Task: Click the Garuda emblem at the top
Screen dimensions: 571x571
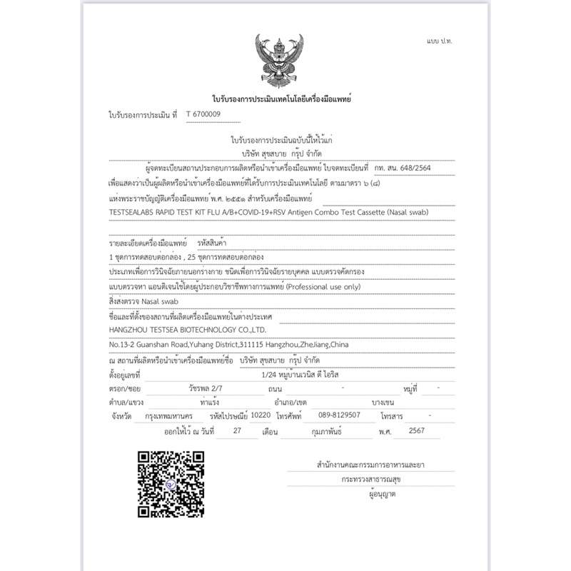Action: tap(281, 61)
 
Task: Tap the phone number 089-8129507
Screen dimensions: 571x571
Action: tap(339, 415)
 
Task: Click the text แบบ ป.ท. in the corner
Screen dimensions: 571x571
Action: tap(438, 41)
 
